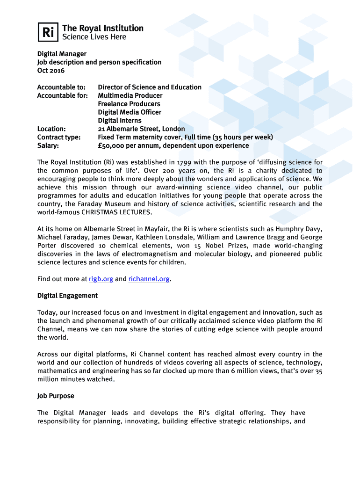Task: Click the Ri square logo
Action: pyautogui.click(x=47, y=32)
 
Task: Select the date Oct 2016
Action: pyautogui.click(x=51, y=71)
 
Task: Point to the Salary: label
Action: pyautogui.click(x=48, y=145)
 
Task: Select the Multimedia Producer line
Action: pyautogui.click(x=130, y=95)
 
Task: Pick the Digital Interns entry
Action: pyautogui.click(x=119, y=120)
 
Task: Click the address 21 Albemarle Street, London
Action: pyautogui.click(x=141, y=129)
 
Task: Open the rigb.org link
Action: pyautogui.click(x=101, y=279)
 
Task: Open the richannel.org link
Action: pyautogui.click(x=149, y=279)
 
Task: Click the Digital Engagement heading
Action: pyautogui.click(x=67, y=296)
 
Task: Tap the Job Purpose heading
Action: pyautogui.click(x=56, y=396)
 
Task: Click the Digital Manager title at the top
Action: pyautogui.click(x=62, y=54)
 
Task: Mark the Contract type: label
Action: pyautogui.click(x=59, y=137)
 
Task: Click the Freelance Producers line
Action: pyautogui.click(x=129, y=104)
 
